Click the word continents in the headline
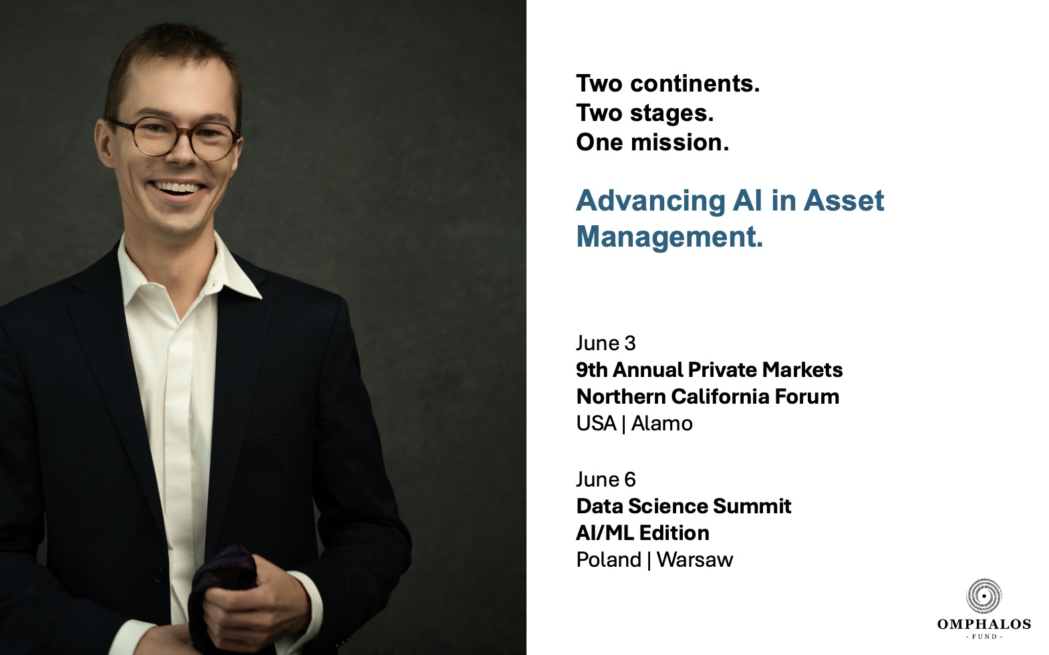[x=695, y=84]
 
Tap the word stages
[x=672, y=113]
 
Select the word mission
[x=680, y=142]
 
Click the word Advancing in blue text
[x=651, y=201]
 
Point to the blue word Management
[x=669, y=237]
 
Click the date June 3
[x=606, y=344]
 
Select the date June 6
[x=606, y=480]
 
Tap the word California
[x=720, y=396]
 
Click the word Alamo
[x=661, y=424]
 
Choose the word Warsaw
[x=695, y=560]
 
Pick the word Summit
[x=752, y=506]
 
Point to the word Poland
[x=609, y=560]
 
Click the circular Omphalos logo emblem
[x=984, y=596]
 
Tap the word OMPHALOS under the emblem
[x=984, y=624]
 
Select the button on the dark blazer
[x=157, y=573]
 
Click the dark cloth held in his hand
[x=220, y=595]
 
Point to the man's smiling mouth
[x=178, y=189]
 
